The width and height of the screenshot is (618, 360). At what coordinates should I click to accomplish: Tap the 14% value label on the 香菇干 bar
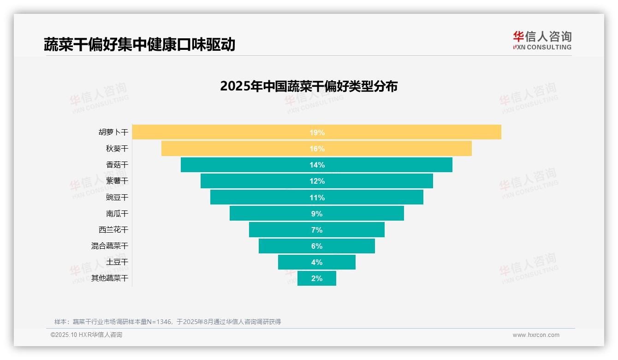pyautogui.click(x=317, y=165)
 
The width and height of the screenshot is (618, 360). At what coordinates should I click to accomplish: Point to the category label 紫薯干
pyautogui.click(x=117, y=181)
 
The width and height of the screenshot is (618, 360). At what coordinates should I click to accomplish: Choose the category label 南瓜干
pyautogui.click(x=117, y=214)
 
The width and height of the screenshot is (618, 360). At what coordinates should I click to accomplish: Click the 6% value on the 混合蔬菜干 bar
pyautogui.click(x=317, y=246)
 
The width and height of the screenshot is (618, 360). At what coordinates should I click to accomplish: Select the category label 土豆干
pyautogui.click(x=117, y=262)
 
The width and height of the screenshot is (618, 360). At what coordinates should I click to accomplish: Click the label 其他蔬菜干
pyautogui.click(x=110, y=278)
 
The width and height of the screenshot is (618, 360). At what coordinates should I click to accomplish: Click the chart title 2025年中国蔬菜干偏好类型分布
pyautogui.click(x=309, y=86)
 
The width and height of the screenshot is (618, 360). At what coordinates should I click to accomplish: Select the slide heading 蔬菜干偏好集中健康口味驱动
pyautogui.click(x=139, y=44)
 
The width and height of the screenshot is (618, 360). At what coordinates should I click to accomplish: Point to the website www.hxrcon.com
pyautogui.click(x=536, y=335)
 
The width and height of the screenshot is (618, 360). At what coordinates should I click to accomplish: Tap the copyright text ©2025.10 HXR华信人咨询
pyautogui.click(x=86, y=335)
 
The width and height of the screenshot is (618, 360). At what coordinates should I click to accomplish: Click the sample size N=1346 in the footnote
pyautogui.click(x=156, y=322)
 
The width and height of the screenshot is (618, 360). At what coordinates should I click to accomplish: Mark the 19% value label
pyautogui.click(x=317, y=132)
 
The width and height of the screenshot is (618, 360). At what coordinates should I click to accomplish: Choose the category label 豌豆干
pyautogui.click(x=117, y=198)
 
